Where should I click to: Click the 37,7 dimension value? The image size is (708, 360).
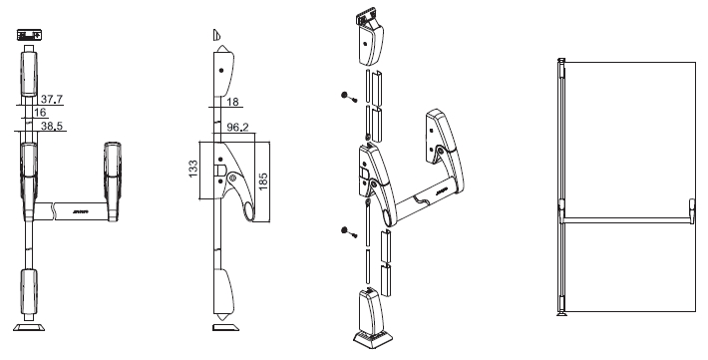pyautogui.click(x=54, y=98)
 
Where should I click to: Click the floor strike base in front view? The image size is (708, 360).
pyautogui.click(x=29, y=325)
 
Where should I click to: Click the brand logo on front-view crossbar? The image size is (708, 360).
pyautogui.click(x=81, y=211)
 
